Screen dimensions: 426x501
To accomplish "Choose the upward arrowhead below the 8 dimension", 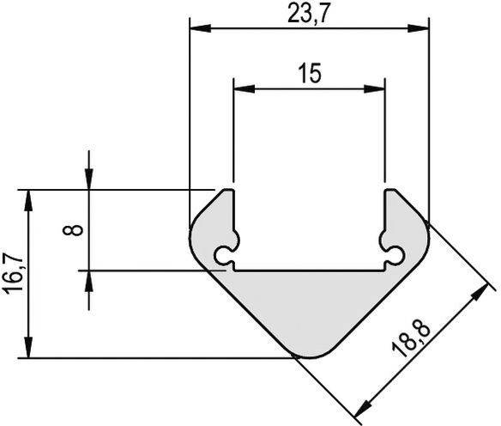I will [88, 281].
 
